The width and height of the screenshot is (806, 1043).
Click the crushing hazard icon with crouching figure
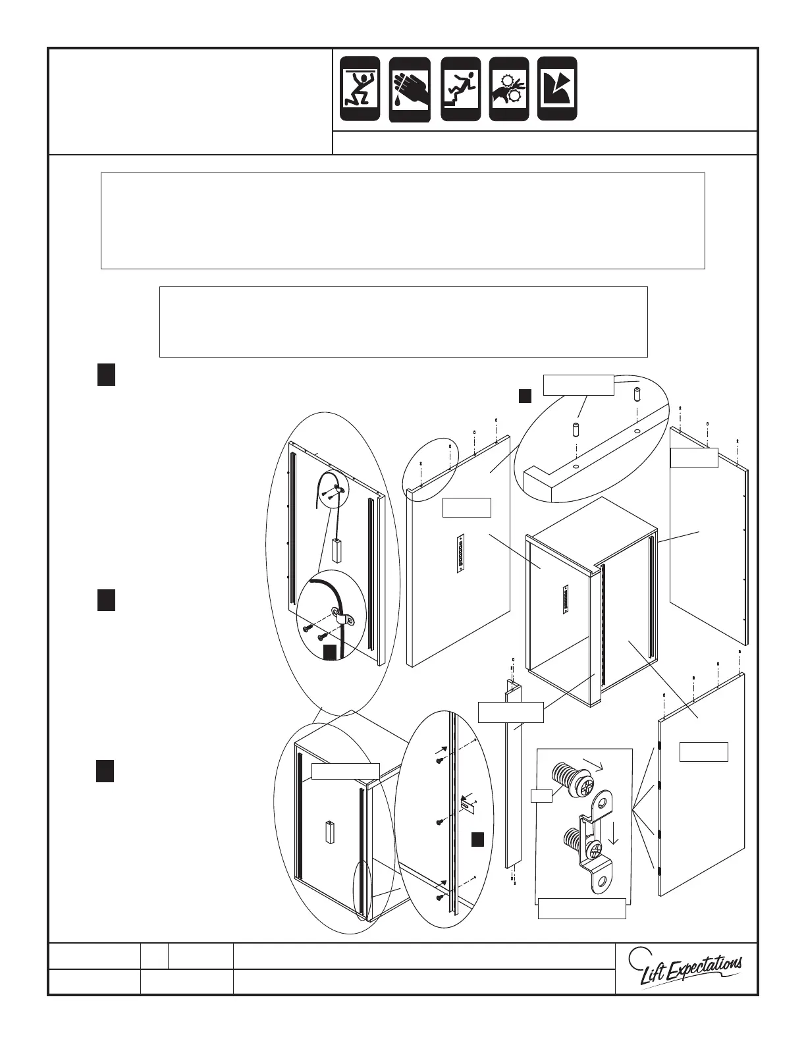(x=360, y=88)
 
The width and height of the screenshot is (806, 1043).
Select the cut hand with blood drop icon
(x=410, y=90)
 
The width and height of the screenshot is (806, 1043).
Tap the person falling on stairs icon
(x=461, y=88)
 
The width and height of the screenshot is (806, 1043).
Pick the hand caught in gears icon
(x=509, y=89)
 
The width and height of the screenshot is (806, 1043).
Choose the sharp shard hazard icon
(x=557, y=88)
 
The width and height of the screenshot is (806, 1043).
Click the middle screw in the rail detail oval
(x=440, y=823)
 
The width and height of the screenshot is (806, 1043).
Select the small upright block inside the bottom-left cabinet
(x=331, y=832)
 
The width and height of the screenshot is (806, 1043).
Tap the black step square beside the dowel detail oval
(x=524, y=395)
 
